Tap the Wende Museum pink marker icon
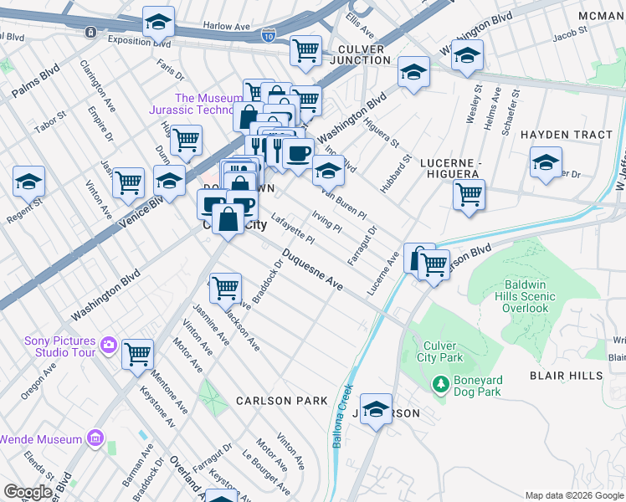pyautogui.click(x=95, y=438)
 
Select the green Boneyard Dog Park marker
pyautogui.click(x=440, y=385)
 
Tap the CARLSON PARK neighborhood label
pyautogui.click(x=281, y=401)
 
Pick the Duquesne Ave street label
pyautogui.click(x=312, y=270)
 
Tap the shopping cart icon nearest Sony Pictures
pyautogui.click(x=137, y=353)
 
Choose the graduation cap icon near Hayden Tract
pyautogui.click(x=546, y=162)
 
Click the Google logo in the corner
pyautogui.click(x=28, y=492)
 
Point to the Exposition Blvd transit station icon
pyautogui.click(x=90, y=32)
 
